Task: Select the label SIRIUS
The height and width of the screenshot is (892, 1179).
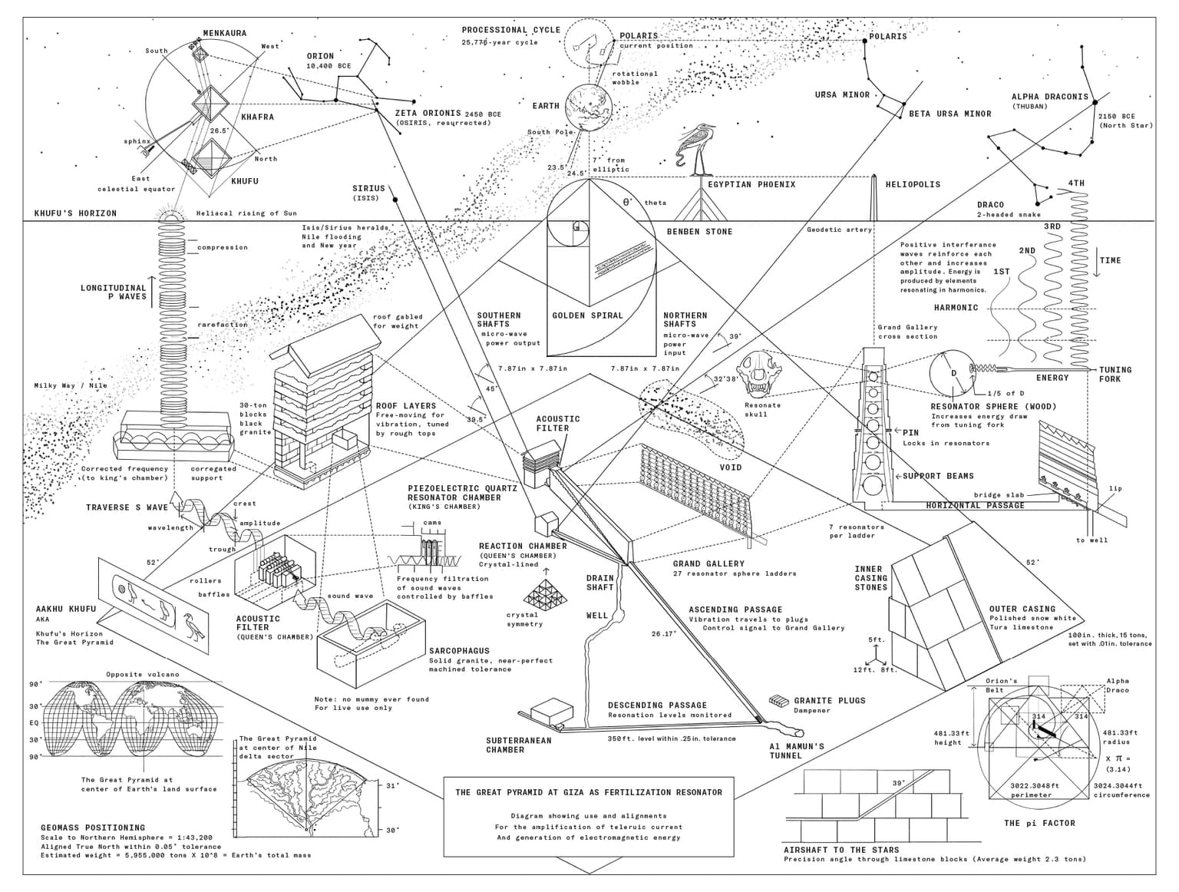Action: click(x=368, y=188)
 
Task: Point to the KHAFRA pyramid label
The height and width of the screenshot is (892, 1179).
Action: click(x=257, y=117)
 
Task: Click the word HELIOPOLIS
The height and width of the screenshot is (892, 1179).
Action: click(x=912, y=184)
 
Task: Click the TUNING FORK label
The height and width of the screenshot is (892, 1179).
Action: click(x=1115, y=374)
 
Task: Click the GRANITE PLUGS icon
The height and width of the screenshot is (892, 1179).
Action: click(x=778, y=701)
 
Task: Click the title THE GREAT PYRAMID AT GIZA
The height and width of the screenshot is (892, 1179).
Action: click(x=588, y=792)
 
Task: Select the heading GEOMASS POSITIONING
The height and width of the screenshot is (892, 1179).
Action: click(x=92, y=828)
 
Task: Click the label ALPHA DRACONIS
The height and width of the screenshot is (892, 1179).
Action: click(x=1049, y=97)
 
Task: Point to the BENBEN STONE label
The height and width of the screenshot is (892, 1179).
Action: click(x=699, y=231)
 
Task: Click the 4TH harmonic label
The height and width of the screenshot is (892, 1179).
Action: click(x=1076, y=183)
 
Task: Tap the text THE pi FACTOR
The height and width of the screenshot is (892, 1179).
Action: click(x=1039, y=823)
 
